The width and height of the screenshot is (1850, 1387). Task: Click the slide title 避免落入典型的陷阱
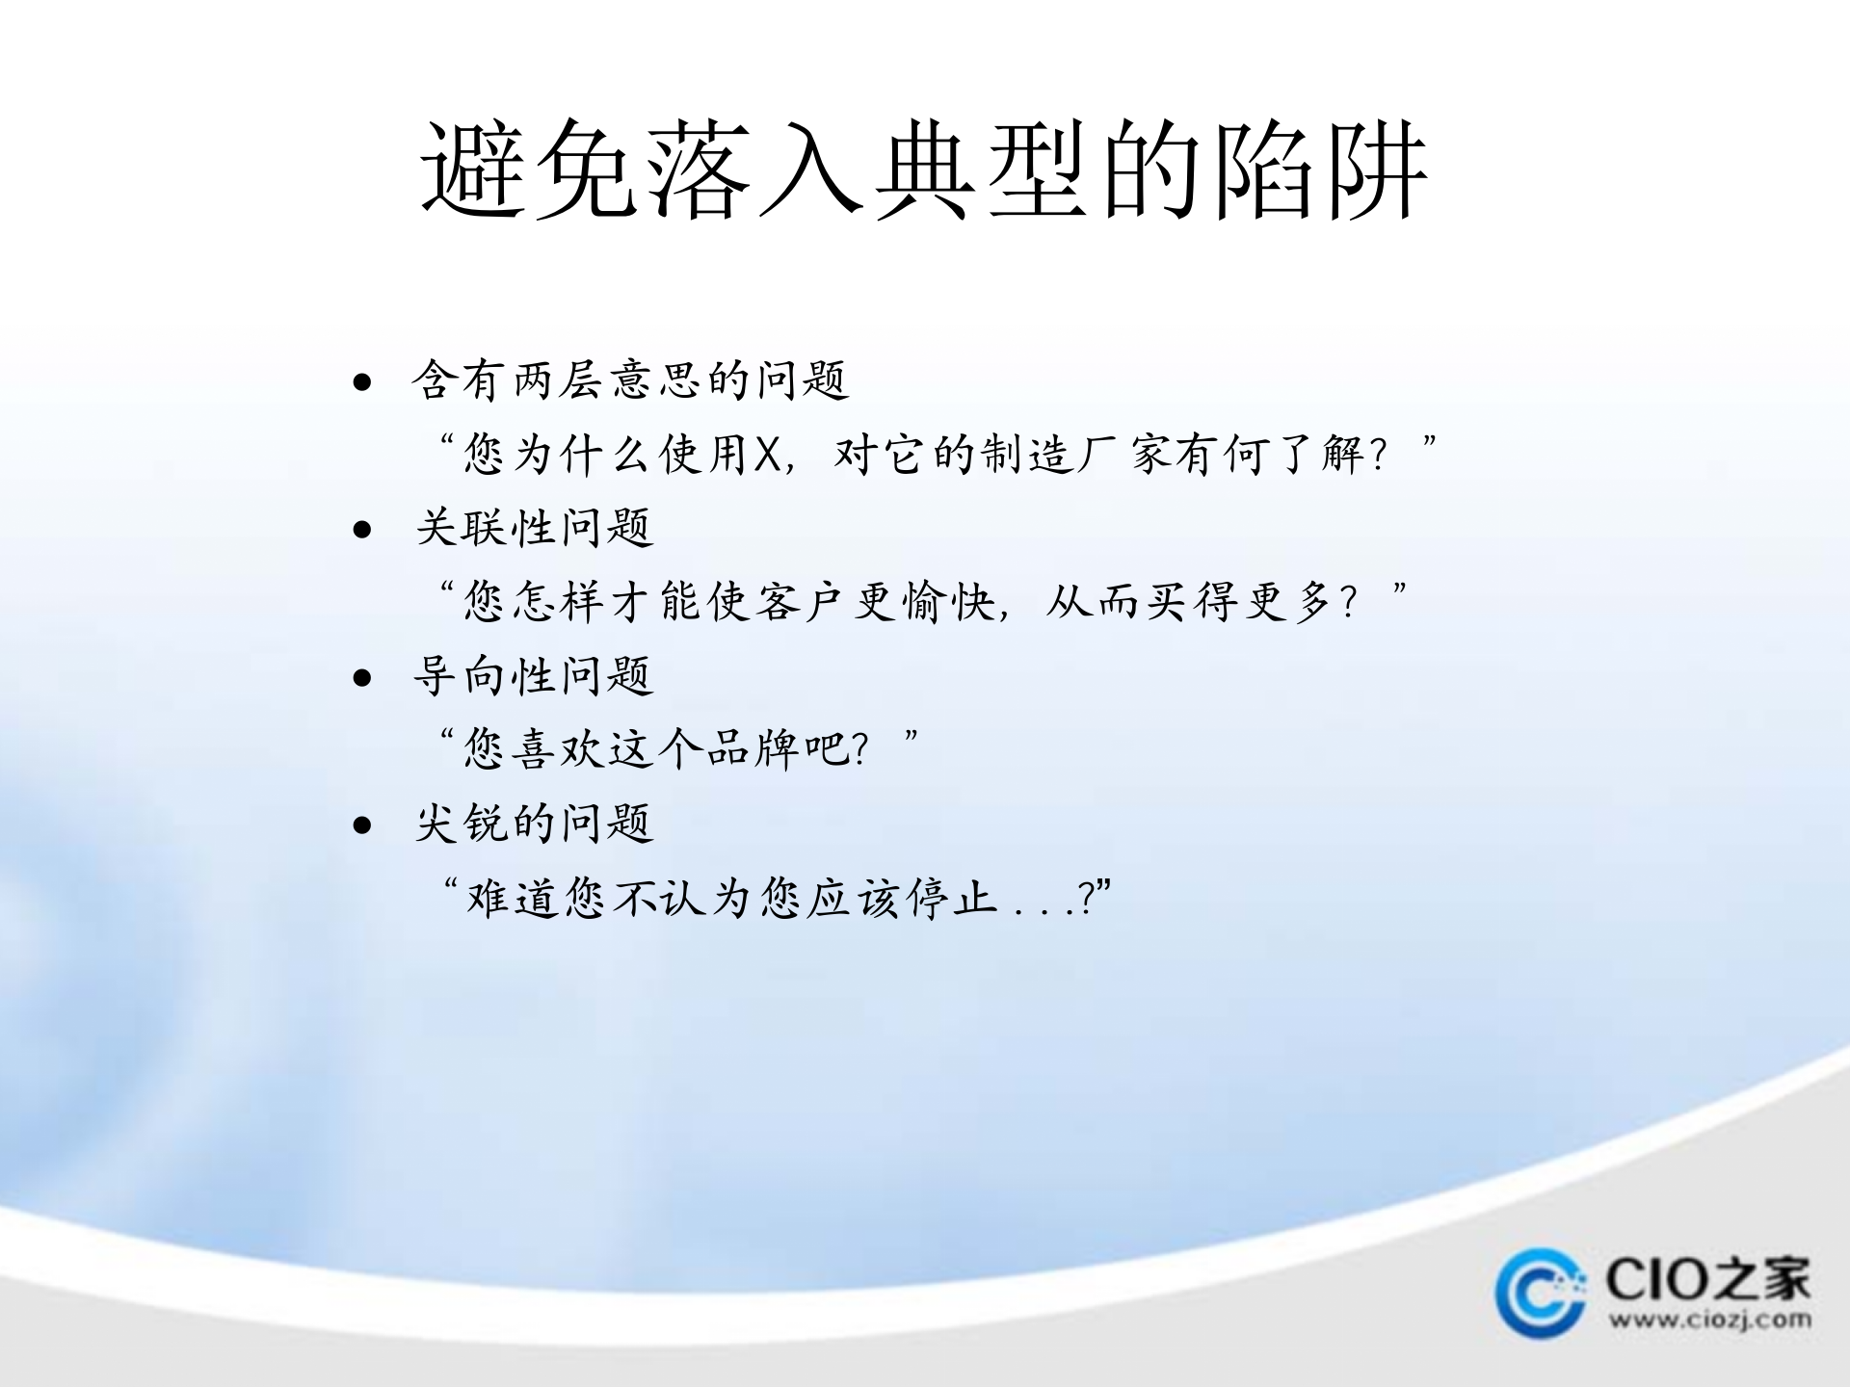(924, 170)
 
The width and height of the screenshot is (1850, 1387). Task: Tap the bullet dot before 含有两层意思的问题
(362, 382)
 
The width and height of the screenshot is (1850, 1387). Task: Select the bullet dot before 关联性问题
(362, 529)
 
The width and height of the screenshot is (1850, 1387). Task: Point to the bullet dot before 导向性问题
(362, 677)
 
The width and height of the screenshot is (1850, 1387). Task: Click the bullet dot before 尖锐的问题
(362, 824)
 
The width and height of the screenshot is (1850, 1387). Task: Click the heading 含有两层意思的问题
(630, 380)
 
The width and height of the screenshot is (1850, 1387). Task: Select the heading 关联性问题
(535, 528)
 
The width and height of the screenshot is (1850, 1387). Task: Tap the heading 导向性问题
(535, 675)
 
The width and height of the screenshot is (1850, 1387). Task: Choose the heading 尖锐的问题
(535, 824)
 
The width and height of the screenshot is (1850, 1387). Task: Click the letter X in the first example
(767, 454)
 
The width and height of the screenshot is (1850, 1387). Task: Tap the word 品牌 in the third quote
(753, 748)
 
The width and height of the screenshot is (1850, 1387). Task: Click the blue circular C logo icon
(1540, 1292)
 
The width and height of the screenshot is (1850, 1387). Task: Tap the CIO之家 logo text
(1707, 1279)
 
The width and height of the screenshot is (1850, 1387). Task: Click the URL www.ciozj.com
(1708, 1319)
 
